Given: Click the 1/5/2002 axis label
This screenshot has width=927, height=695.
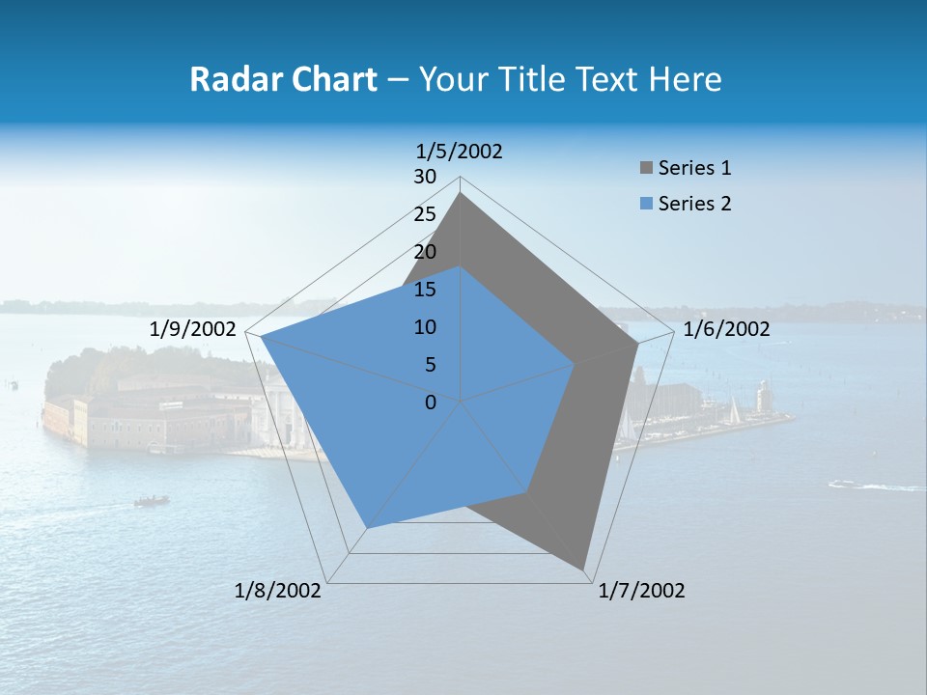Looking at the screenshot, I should point(459,151).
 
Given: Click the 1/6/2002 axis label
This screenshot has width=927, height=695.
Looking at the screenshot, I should point(726,329).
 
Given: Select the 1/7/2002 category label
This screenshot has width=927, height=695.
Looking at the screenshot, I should point(641,591).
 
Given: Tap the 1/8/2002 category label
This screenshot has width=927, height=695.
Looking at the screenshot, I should point(278,591).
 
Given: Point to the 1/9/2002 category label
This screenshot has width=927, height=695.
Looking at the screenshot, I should point(192,329).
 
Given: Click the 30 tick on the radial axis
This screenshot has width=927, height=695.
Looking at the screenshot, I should point(425,177).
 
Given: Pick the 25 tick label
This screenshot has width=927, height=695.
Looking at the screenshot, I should point(425,214).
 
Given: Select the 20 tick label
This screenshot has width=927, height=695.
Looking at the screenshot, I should point(425,252).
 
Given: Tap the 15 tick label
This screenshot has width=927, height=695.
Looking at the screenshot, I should point(425,290).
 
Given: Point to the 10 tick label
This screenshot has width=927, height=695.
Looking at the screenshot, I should point(425,327).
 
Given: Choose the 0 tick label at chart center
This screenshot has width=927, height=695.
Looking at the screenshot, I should point(431,403).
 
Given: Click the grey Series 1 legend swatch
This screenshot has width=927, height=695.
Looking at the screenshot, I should point(646,169).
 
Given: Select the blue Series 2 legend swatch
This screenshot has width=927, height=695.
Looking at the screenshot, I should point(646,204).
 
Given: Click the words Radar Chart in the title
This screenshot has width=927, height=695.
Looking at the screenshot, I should point(283,79).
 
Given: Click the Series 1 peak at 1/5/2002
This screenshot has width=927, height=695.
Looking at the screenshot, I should point(461,194).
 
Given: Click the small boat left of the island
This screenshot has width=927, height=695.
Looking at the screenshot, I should point(152,501).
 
